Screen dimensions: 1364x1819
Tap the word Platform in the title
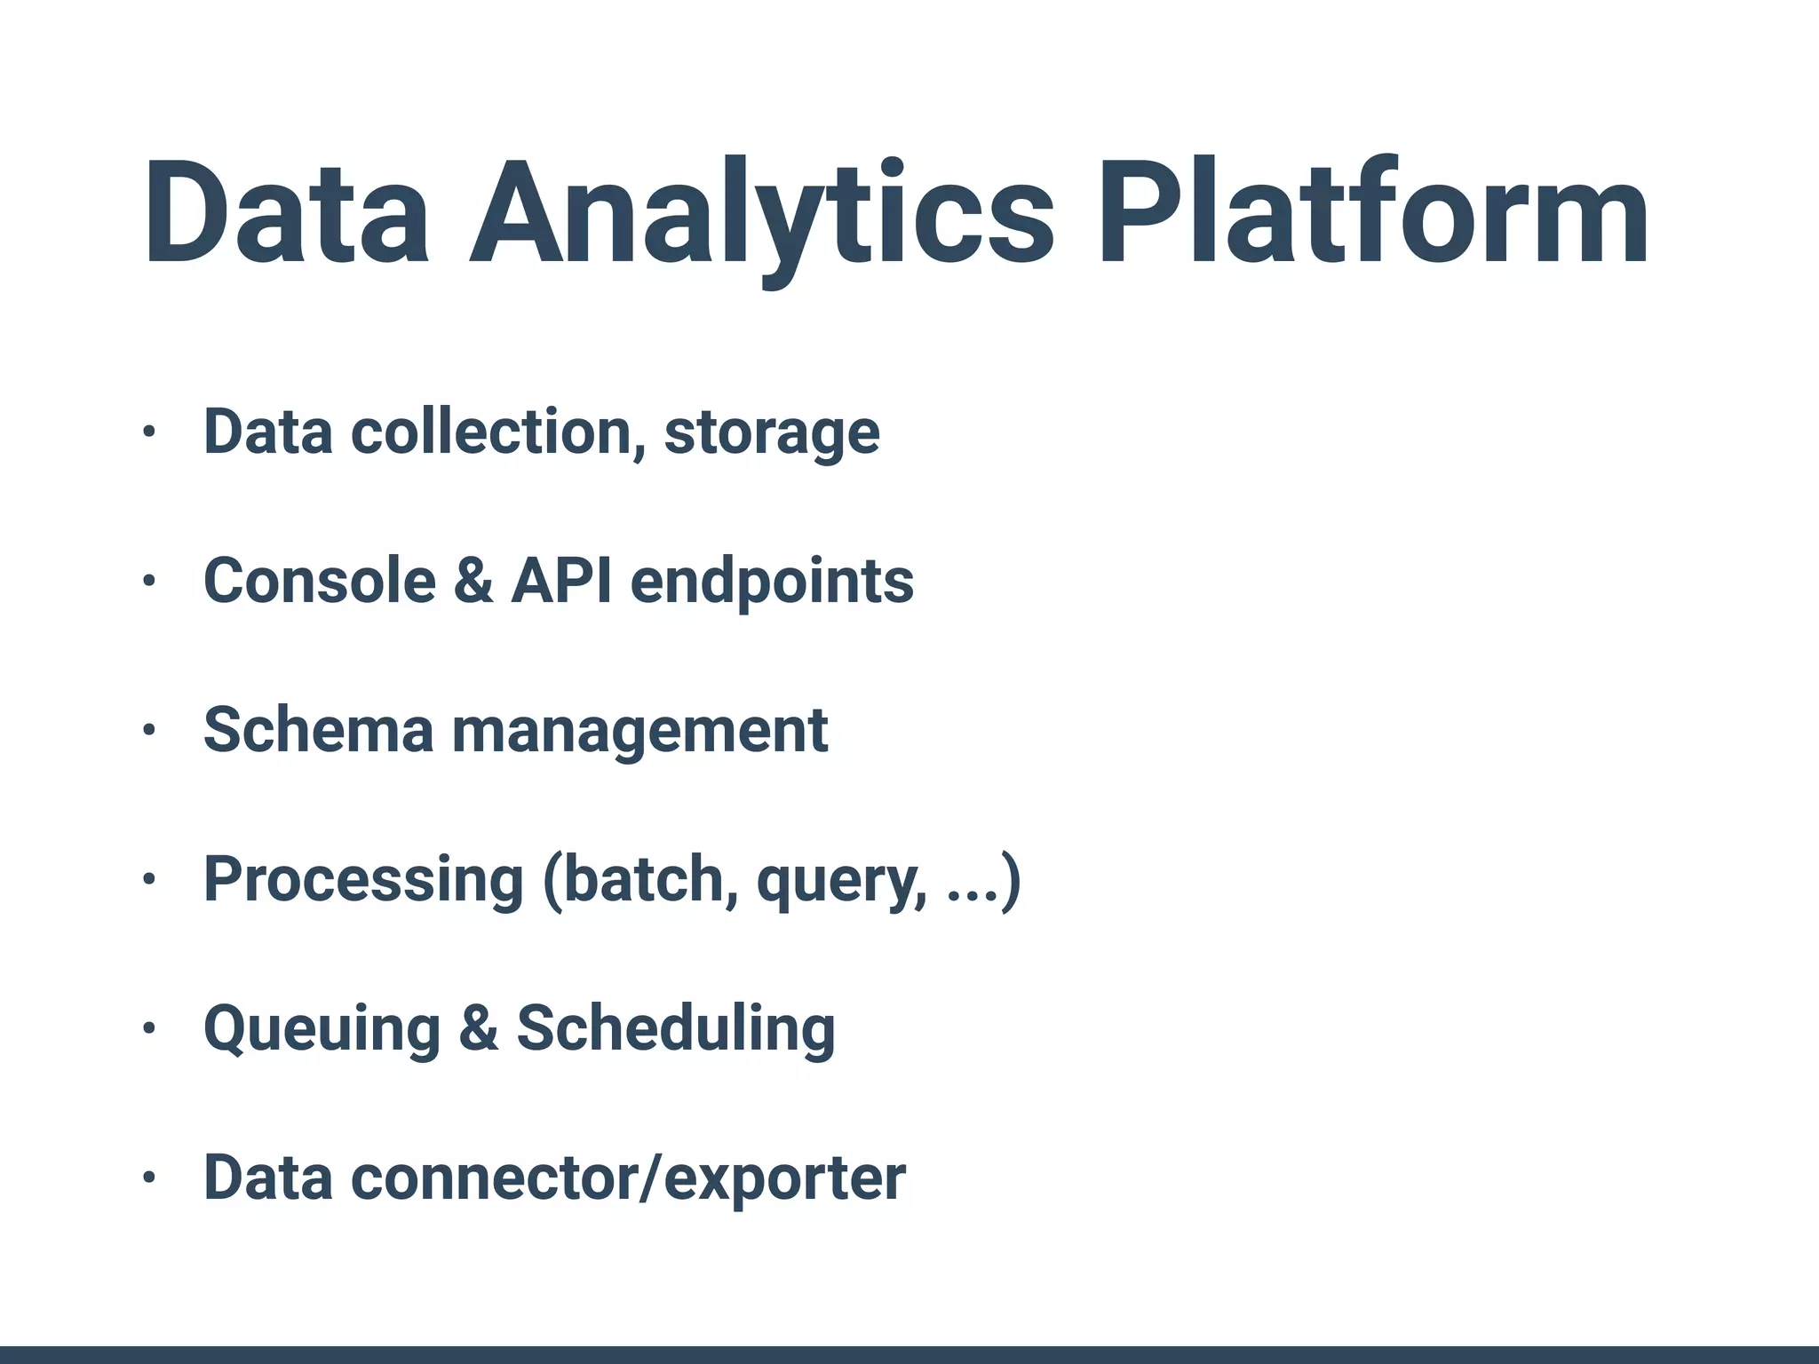coord(1374,213)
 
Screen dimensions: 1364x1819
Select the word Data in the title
coord(287,213)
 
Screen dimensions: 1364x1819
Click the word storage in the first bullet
coord(772,432)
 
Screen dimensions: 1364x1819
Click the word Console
coord(320,581)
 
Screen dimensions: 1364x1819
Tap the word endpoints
coord(772,583)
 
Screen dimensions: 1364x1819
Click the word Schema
coord(318,730)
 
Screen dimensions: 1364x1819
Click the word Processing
coord(363,880)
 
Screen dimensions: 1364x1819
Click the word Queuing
coord(322,1029)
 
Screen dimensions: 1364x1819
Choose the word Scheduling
coord(676,1029)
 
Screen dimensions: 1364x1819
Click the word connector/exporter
coord(628,1178)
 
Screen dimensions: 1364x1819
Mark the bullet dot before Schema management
coord(149,731)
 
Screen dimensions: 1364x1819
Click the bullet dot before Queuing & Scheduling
coord(149,1029)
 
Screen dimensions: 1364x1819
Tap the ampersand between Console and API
coord(473,581)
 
